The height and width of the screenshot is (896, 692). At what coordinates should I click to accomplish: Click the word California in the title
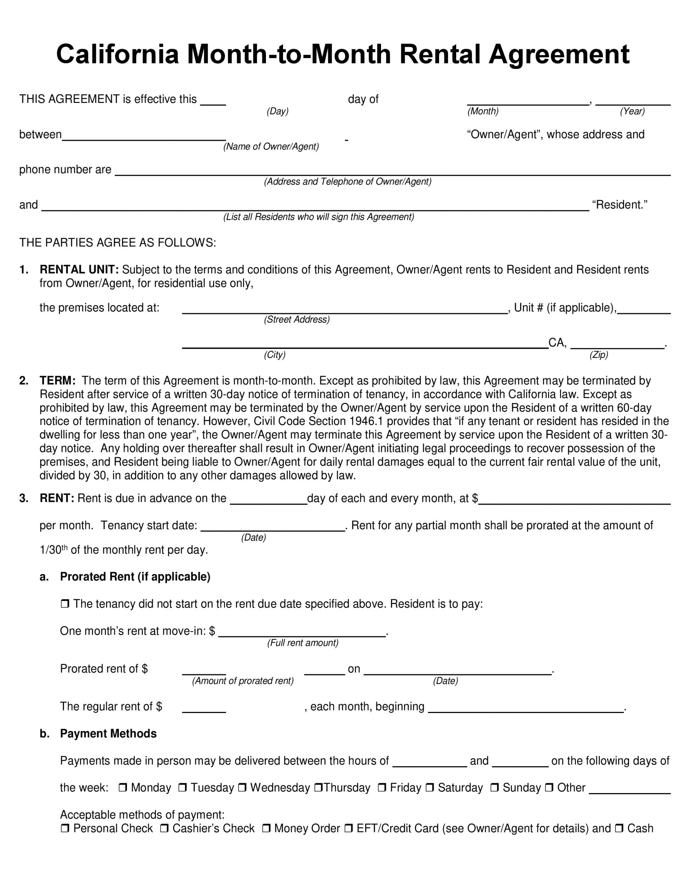point(118,54)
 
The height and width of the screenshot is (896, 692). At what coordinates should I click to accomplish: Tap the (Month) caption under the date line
point(483,111)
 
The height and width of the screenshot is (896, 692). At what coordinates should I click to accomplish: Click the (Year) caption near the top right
point(632,111)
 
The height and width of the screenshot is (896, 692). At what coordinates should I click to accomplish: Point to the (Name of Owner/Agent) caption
point(271,146)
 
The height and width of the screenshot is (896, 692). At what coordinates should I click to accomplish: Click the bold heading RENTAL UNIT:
point(79,269)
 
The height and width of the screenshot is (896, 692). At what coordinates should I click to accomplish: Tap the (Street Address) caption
point(297,320)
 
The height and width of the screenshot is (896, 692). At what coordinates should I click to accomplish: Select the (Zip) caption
point(599,355)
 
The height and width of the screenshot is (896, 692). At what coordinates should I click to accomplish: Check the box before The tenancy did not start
point(65,604)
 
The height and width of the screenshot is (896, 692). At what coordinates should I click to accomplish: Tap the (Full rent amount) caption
point(303,643)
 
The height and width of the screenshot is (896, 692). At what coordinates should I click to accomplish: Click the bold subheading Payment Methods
point(108,734)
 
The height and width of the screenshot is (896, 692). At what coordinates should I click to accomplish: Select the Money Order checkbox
point(266,828)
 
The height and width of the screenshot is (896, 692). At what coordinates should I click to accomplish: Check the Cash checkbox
point(619,828)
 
